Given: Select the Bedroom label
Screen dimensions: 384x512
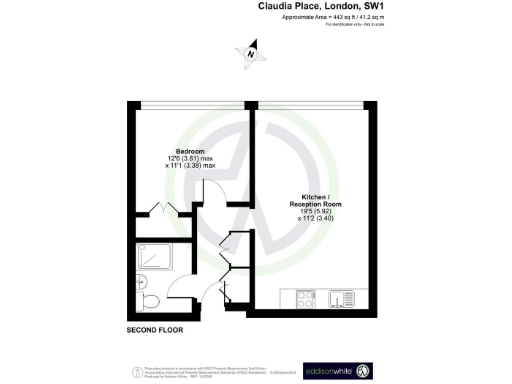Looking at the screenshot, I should click(x=178, y=152).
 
